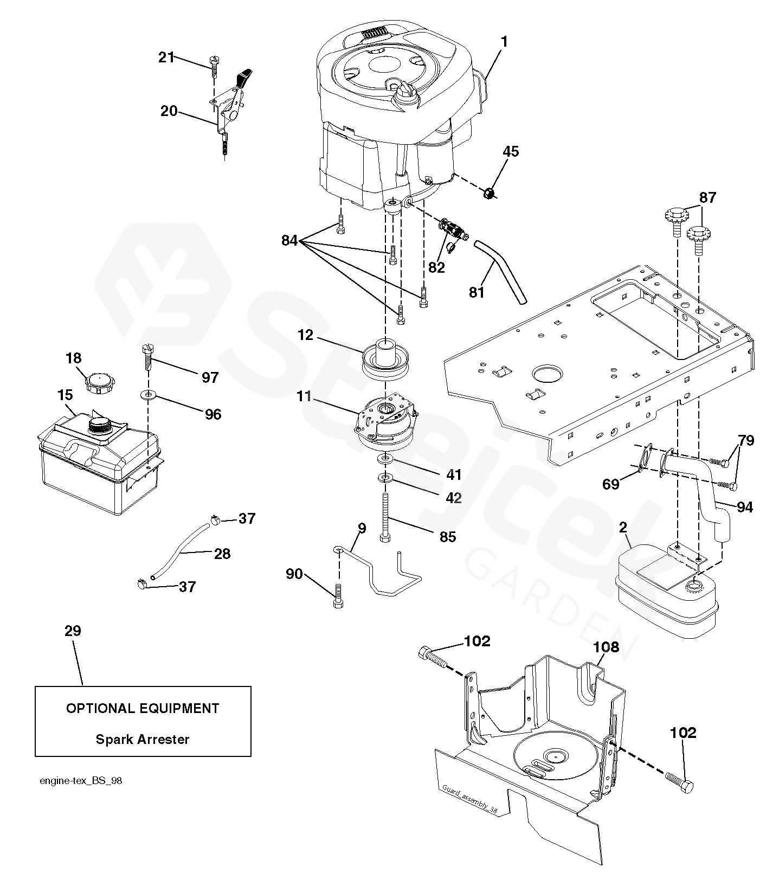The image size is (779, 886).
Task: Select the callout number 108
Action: (606, 646)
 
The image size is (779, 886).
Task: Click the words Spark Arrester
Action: (143, 739)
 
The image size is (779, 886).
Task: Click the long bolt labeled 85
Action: (385, 515)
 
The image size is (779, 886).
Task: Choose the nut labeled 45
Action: (490, 193)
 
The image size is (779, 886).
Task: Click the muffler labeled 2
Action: (667, 590)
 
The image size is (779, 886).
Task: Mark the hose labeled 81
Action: (500, 272)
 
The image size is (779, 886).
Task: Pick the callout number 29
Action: (73, 631)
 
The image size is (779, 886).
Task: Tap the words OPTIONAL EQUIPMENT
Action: (143, 708)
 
